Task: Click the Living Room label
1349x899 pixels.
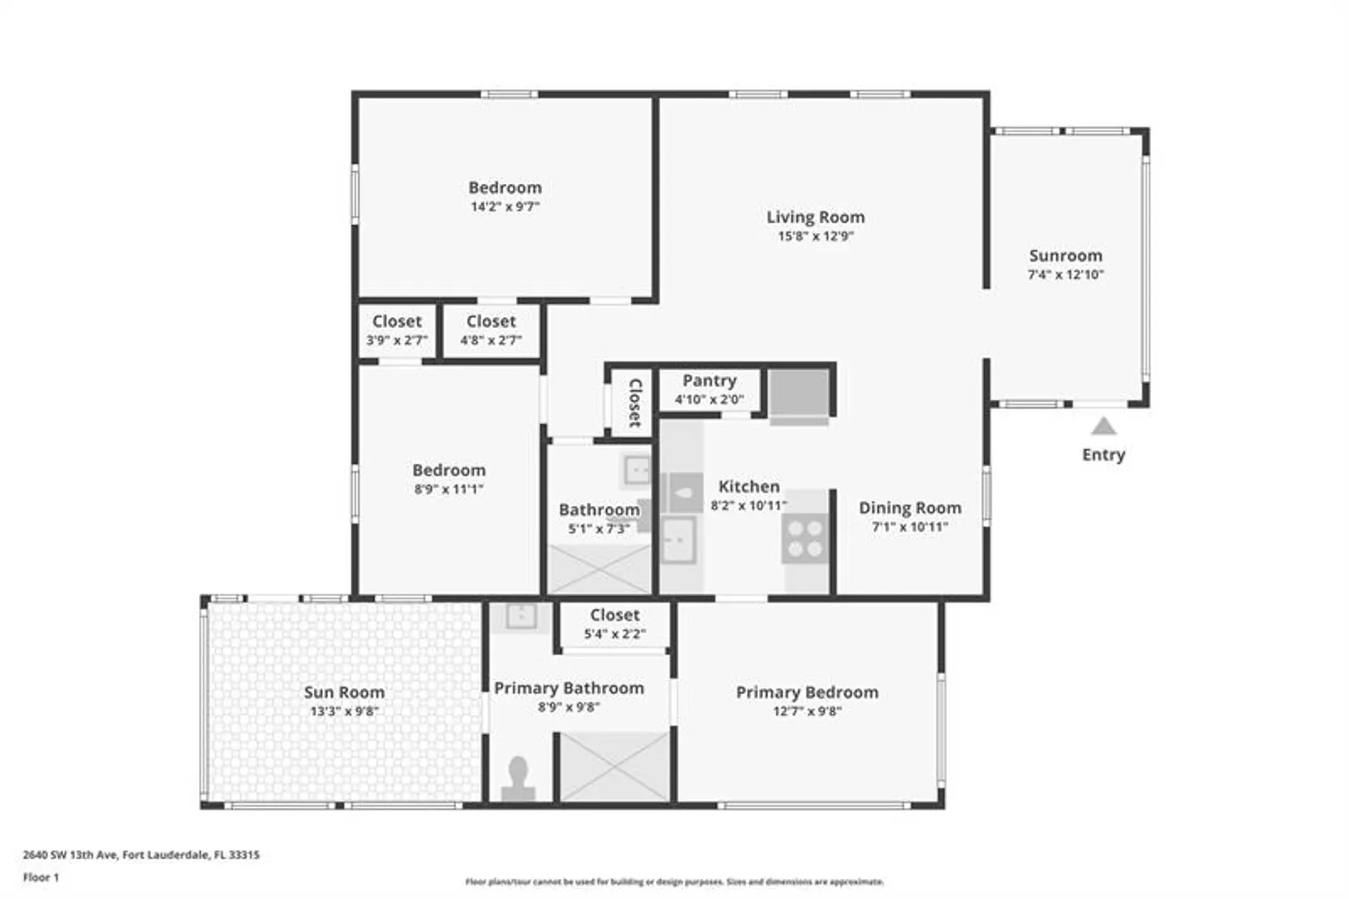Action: [x=816, y=217]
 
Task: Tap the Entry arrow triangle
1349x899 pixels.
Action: [x=1104, y=426]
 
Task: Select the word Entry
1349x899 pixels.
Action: [x=1104, y=455]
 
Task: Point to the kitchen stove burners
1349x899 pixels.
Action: [x=806, y=539]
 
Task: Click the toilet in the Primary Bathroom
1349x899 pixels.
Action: [x=518, y=778]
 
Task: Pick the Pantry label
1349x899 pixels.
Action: [x=709, y=380]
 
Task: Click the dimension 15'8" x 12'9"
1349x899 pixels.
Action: [x=816, y=236]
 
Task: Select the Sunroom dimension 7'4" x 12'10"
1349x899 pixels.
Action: [x=1065, y=275]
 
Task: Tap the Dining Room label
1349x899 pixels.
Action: [x=910, y=508]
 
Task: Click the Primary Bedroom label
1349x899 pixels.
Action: [x=807, y=693]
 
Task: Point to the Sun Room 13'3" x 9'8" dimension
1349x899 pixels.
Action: [x=344, y=712]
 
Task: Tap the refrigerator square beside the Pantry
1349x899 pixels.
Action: [x=799, y=392]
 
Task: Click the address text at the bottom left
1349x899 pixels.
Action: [x=141, y=854]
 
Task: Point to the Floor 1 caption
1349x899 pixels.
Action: [x=41, y=877]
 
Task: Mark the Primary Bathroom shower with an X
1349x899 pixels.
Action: [x=615, y=767]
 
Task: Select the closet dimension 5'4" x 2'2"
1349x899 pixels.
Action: [x=614, y=634]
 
